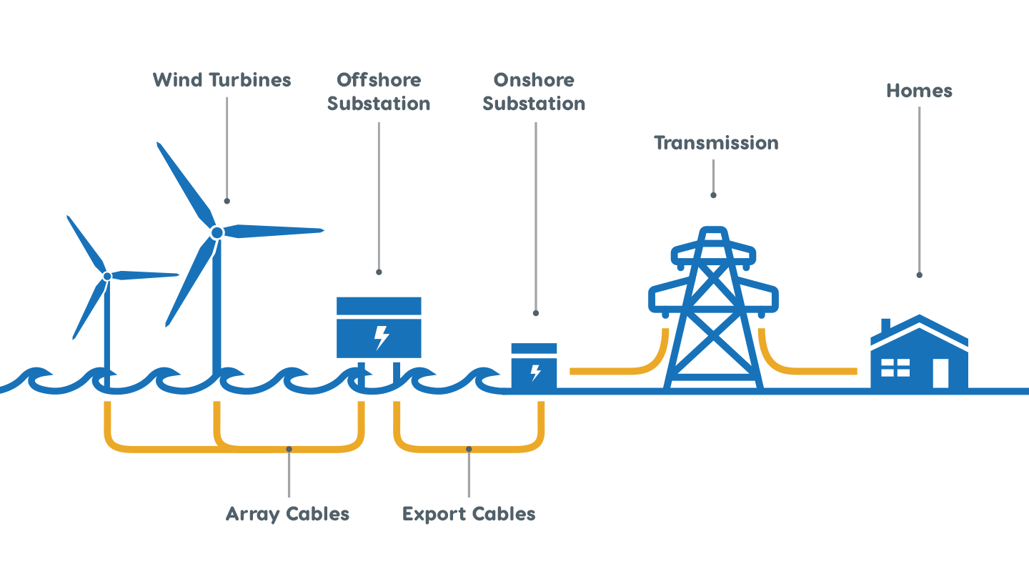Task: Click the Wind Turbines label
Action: [222, 80]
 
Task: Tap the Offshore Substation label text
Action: [379, 91]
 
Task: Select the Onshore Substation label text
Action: [534, 91]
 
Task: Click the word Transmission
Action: [716, 143]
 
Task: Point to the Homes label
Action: [919, 91]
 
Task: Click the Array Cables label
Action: [287, 514]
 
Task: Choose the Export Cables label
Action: [469, 514]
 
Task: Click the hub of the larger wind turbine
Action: [217, 233]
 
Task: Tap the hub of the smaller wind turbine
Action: [107, 276]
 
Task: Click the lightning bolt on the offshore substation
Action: [382, 337]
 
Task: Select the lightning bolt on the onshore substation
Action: [535, 372]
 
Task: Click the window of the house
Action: [895, 367]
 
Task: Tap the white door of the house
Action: [941, 373]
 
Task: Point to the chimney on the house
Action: [886, 326]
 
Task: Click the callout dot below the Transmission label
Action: [713, 195]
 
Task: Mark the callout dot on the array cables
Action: [289, 449]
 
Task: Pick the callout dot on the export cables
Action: [469, 449]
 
